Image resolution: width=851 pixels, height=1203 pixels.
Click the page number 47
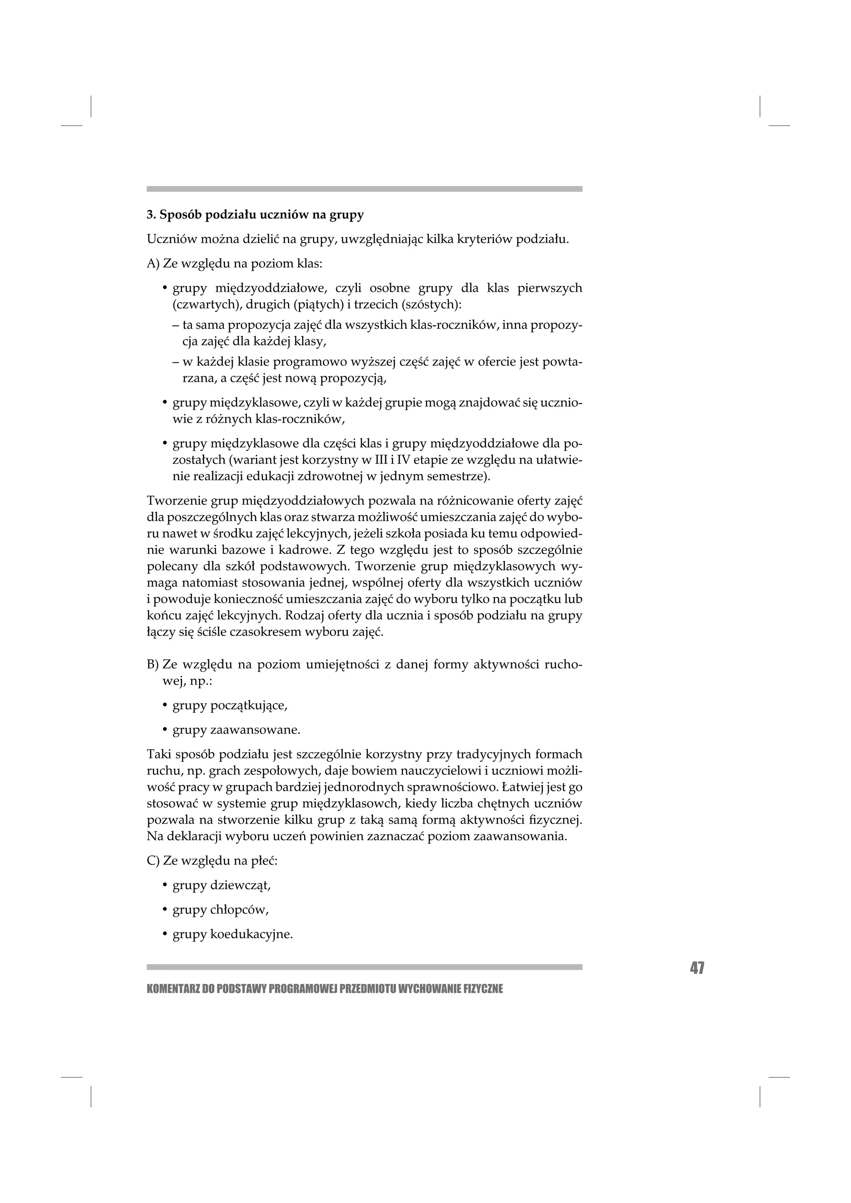point(696,968)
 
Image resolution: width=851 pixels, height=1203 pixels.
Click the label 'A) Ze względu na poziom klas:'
point(234,264)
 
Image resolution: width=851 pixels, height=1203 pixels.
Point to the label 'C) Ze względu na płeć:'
point(212,861)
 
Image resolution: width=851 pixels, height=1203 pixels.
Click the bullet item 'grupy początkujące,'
point(230,706)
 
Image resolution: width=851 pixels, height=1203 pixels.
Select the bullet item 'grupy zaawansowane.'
point(236,730)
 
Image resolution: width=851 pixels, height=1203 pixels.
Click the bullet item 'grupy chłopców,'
point(220,910)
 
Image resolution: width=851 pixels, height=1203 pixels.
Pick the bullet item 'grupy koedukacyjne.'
point(232,934)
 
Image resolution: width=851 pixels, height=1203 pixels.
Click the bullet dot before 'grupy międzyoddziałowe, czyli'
point(165,288)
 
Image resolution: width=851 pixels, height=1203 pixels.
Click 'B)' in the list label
point(152,665)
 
